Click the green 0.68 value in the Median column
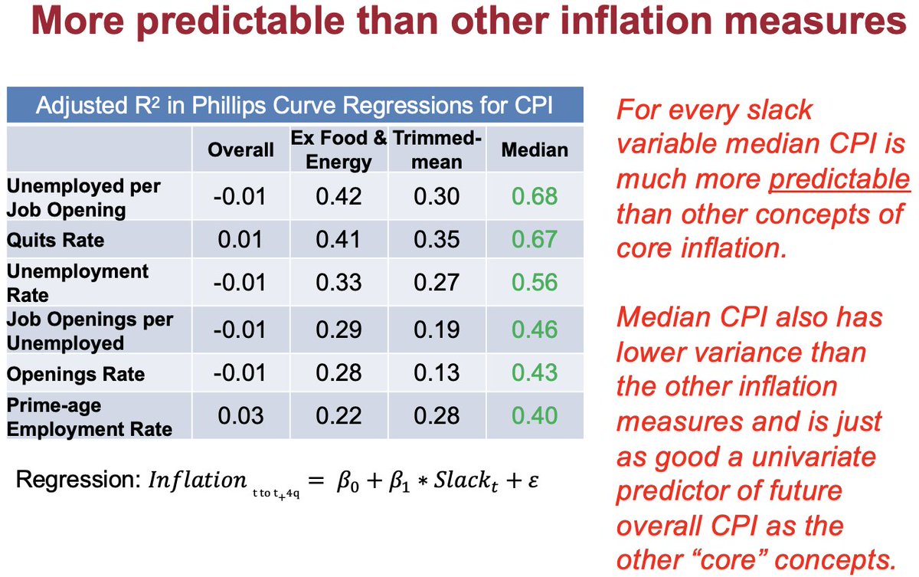pos(535,197)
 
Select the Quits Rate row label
pos(55,241)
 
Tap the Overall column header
pos(240,149)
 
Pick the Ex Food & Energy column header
pos(338,150)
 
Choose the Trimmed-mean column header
pos(437,150)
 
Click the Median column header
pos(535,149)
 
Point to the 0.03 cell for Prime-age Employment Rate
pos(240,415)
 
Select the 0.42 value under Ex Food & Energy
pos(338,197)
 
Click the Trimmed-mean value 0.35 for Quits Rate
pos(437,241)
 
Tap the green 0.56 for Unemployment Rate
pos(535,284)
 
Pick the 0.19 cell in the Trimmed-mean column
pos(437,329)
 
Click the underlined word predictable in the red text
pos(839,180)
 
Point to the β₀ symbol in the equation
pos(343,481)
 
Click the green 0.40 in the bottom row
pos(535,415)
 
